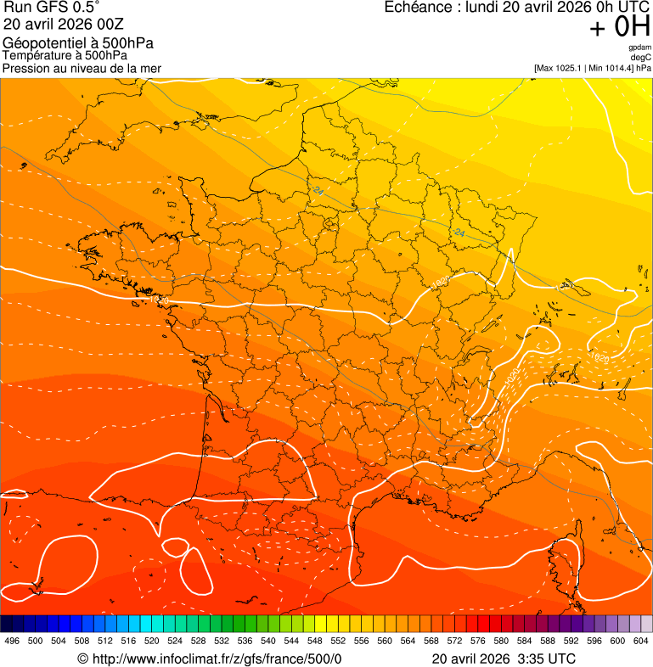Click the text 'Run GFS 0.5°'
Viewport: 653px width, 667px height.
(x=52, y=8)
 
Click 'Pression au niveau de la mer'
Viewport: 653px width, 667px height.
(x=82, y=69)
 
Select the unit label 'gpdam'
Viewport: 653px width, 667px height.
(x=639, y=48)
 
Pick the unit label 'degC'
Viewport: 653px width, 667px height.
(x=641, y=57)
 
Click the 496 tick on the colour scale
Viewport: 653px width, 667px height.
(x=12, y=642)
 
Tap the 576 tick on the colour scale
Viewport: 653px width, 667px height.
(x=477, y=642)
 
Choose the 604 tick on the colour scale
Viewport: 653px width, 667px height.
(x=640, y=642)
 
